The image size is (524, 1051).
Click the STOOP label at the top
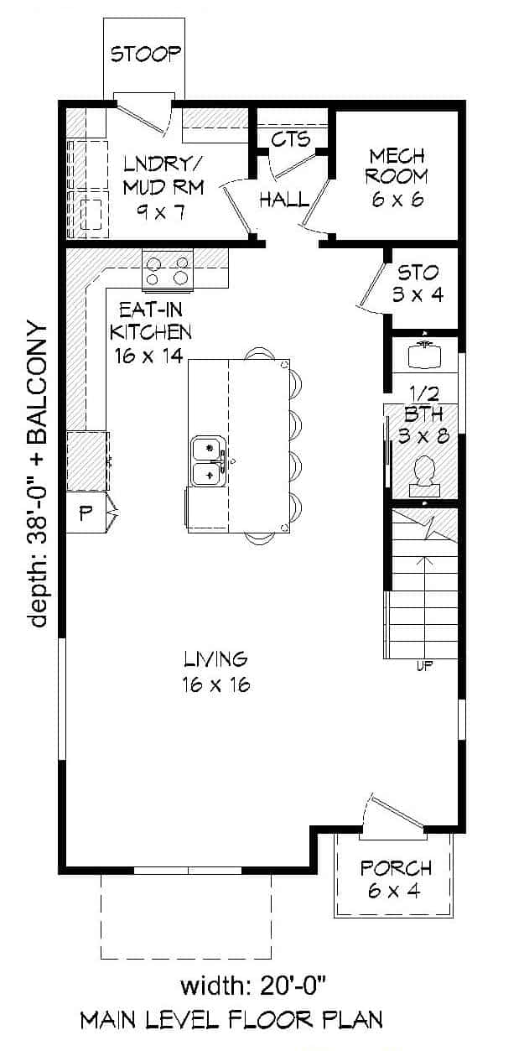click(x=146, y=55)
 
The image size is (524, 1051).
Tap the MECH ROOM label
click(x=397, y=177)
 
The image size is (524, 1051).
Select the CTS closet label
click(x=290, y=138)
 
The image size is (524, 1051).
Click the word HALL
click(x=283, y=200)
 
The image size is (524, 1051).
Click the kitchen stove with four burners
click(x=168, y=270)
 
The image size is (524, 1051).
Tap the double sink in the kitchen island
click(x=206, y=461)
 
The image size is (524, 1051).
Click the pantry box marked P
click(x=86, y=514)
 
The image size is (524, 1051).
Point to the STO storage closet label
click(x=418, y=284)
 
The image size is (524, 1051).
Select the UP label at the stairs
click(x=424, y=667)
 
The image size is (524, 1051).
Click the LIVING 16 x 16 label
click(x=215, y=671)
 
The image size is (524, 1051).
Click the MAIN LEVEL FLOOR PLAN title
click(x=231, y=1020)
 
